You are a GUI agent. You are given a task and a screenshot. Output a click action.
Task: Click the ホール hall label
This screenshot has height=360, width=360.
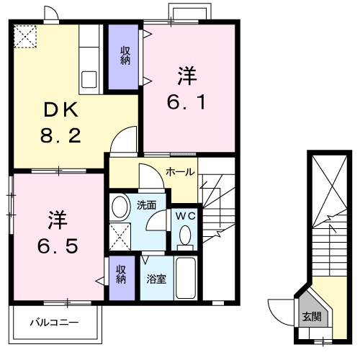(x=178, y=171)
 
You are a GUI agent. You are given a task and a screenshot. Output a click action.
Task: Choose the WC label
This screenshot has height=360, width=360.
(x=184, y=215)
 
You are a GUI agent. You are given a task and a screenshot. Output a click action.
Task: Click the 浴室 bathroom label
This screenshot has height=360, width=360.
(x=156, y=278)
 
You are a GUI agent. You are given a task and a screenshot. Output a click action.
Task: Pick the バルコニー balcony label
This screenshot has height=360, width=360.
(x=54, y=322)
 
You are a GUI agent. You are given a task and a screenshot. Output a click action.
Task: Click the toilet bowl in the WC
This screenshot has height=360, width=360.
(x=185, y=235)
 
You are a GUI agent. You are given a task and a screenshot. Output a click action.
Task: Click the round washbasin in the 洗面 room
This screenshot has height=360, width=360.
(x=120, y=205)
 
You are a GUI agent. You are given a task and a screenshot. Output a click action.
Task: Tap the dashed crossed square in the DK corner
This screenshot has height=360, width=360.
(x=26, y=37)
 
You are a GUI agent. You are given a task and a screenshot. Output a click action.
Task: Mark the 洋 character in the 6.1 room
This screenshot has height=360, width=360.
(x=189, y=74)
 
